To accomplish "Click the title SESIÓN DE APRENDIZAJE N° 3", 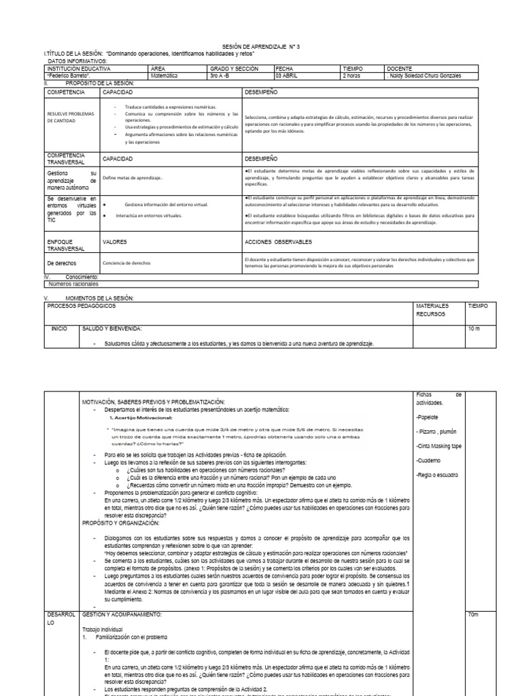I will [x=260, y=46].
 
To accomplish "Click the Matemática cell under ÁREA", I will [x=164, y=75].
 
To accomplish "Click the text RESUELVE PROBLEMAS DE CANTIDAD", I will [x=69, y=118].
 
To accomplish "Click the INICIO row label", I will [x=60, y=328].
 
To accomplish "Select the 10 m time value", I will [x=474, y=328].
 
